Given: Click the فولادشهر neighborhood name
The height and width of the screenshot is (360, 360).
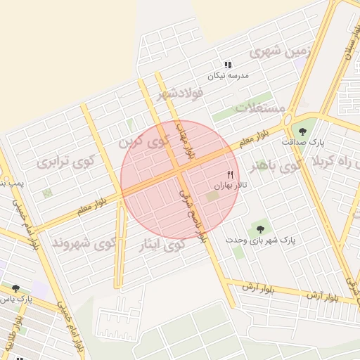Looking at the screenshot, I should tap(180, 92).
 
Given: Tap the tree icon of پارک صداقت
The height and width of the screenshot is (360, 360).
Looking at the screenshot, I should tap(302, 131).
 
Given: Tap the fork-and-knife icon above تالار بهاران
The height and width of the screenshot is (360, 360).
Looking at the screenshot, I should tap(229, 174).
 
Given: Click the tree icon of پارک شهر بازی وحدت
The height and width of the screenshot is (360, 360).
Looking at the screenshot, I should tap(261, 229).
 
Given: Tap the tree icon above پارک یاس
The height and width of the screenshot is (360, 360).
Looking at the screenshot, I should tap(15, 288).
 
